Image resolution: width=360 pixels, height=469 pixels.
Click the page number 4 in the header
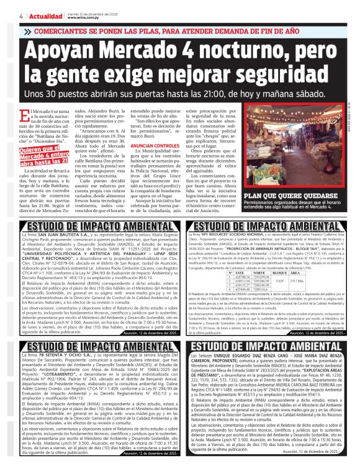(22, 16)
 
